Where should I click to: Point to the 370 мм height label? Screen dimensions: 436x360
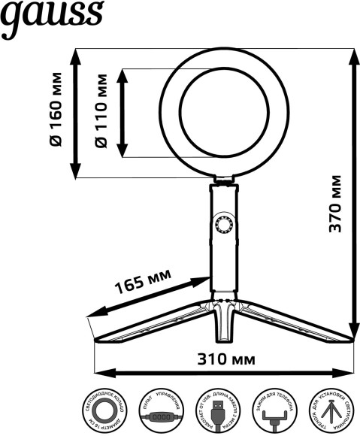pos(336,203)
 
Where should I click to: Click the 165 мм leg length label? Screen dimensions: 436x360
pos(142,283)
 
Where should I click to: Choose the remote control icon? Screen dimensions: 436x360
pos(159,413)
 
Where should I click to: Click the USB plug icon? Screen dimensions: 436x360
pos(216,413)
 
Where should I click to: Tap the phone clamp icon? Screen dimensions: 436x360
pos(272,413)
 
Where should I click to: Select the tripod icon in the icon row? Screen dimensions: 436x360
pos(328,413)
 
